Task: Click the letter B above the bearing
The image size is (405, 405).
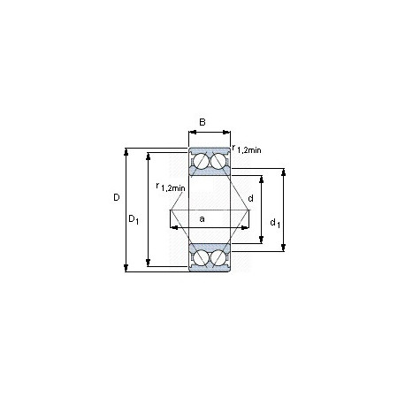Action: point(202,122)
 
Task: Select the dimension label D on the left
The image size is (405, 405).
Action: point(117,197)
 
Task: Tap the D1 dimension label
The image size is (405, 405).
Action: point(134,219)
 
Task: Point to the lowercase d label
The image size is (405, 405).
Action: point(250,198)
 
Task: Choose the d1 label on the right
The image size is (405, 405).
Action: point(275,223)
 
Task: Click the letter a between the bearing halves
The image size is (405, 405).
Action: point(202,219)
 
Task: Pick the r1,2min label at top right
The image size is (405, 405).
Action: point(247,149)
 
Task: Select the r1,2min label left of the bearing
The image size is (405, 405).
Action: point(171,187)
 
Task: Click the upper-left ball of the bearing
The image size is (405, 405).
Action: point(201,162)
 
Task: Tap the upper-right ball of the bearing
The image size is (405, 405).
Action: point(218,162)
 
